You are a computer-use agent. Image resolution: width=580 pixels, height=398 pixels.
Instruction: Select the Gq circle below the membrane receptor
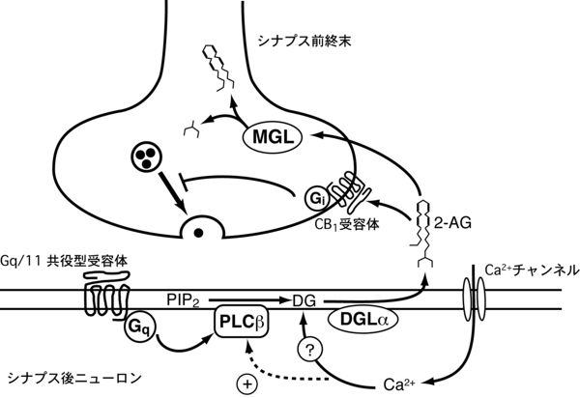[139, 327]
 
